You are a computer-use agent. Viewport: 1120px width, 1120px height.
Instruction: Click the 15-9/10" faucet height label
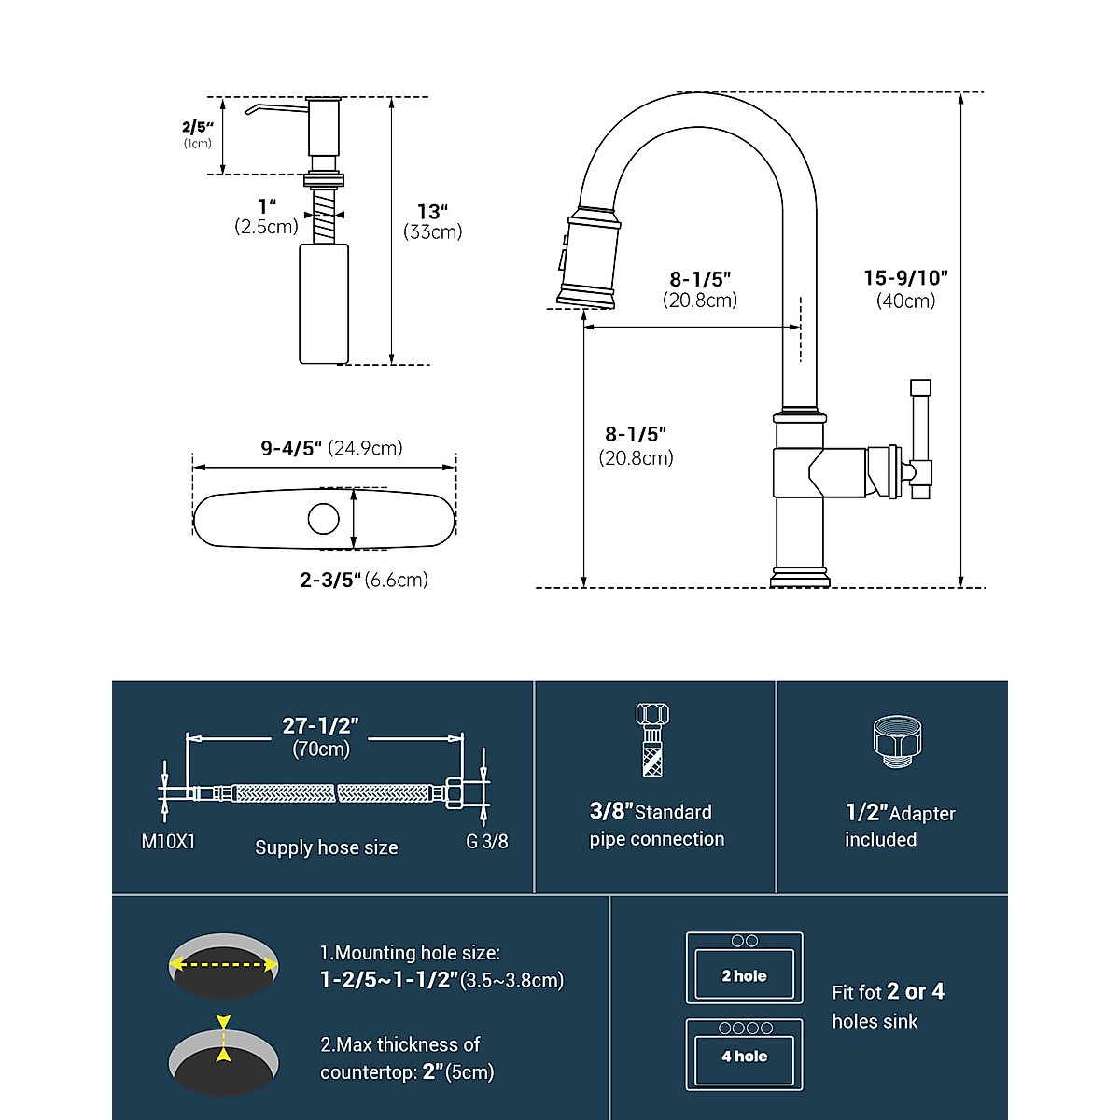tap(905, 288)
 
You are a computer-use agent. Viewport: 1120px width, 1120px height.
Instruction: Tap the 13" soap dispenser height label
tap(433, 221)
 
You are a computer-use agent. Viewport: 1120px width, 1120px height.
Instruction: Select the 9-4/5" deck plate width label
tap(331, 448)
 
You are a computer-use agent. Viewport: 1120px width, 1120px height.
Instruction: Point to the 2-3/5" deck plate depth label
tap(364, 580)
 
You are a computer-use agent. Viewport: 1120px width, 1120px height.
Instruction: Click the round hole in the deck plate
tap(324, 518)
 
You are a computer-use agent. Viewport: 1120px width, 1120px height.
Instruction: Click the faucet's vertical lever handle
tap(920, 439)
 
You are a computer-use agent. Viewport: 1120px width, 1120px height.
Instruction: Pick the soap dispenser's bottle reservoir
tap(324, 304)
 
